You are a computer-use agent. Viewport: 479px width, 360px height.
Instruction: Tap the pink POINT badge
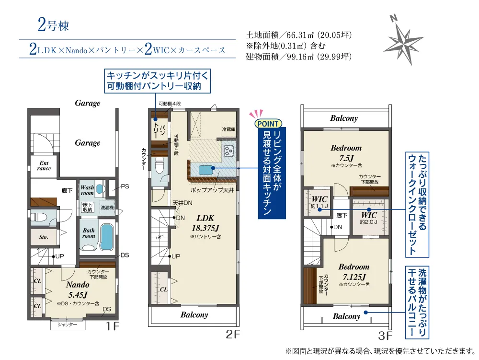[268, 124]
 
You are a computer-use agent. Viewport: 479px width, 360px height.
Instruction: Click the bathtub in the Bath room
[107, 237]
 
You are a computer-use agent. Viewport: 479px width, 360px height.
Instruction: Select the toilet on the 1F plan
[39, 218]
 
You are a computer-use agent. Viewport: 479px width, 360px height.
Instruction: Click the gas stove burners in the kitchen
[229, 151]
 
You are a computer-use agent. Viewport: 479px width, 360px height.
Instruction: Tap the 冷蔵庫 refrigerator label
[229, 129]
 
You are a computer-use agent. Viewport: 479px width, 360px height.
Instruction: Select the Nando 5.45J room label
[78, 290]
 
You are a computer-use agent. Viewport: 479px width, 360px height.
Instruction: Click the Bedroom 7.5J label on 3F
[346, 153]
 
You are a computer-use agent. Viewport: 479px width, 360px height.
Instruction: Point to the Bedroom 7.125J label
[354, 272]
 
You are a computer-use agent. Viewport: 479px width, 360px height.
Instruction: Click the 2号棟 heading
[54, 25]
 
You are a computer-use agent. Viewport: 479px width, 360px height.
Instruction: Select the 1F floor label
[112, 326]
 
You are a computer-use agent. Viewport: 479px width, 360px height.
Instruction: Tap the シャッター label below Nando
[68, 325]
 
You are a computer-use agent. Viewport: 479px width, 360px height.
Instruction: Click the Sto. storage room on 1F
[44, 237]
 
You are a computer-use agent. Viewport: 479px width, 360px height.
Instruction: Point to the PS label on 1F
[125, 186]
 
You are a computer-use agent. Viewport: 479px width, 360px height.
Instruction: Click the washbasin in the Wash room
[99, 189]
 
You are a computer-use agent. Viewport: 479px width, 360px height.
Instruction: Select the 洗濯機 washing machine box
[107, 208]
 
